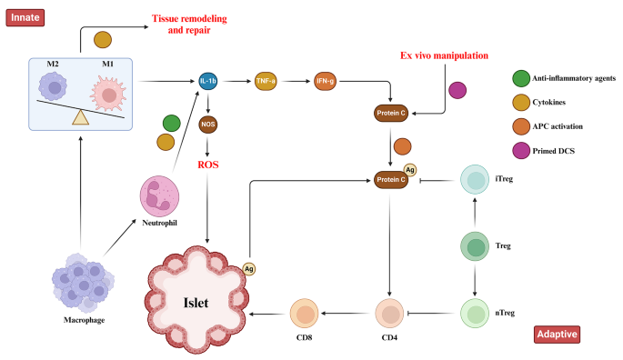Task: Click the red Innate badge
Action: point(26,16)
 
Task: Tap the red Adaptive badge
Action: point(556,334)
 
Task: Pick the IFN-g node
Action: point(326,81)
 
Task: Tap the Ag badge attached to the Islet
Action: point(248,269)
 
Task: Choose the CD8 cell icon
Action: point(305,314)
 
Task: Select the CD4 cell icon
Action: point(391,314)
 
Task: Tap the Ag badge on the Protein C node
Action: point(410,168)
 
